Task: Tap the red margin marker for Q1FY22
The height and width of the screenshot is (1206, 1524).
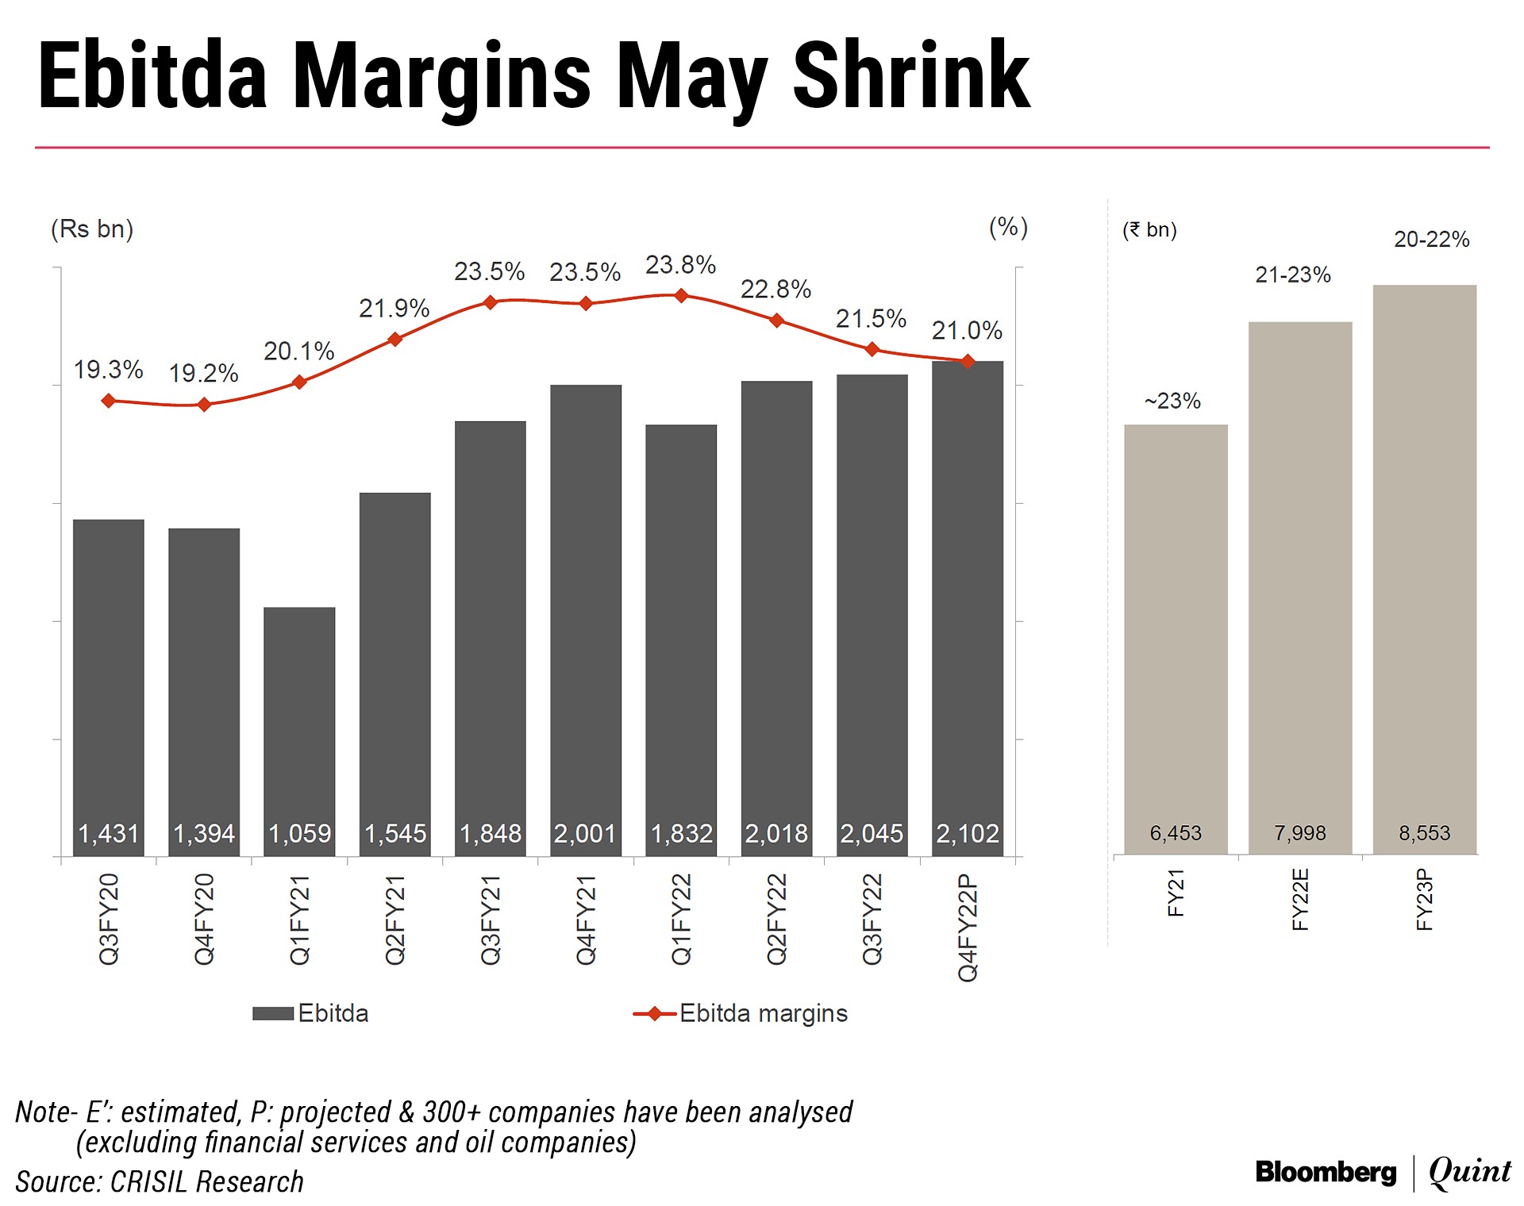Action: point(681,296)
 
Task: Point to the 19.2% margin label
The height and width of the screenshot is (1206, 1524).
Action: point(203,373)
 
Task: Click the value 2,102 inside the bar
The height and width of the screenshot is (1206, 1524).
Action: point(967,833)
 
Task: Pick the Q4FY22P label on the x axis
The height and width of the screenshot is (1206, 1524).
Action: point(968,927)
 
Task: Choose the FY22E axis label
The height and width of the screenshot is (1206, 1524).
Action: point(1300,899)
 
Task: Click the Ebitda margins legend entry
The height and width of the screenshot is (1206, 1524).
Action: point(762,1013)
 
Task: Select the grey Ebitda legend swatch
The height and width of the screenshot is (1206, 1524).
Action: point(273,1013)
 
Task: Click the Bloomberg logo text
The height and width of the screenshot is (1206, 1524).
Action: point(1326,1172)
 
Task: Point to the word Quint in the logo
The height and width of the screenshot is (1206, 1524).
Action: point(1470,1171)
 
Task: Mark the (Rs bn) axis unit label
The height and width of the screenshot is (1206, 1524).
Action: point(92,229)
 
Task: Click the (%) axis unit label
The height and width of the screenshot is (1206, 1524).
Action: point(1008,228)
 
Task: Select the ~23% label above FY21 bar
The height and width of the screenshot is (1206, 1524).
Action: point(1172,401)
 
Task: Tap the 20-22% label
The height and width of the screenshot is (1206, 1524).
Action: point(1431,240)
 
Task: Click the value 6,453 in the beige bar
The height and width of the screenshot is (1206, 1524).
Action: point(1176,833)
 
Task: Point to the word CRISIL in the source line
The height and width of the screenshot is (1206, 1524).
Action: point(148,1182)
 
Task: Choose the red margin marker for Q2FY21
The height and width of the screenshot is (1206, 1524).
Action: point(394,340)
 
